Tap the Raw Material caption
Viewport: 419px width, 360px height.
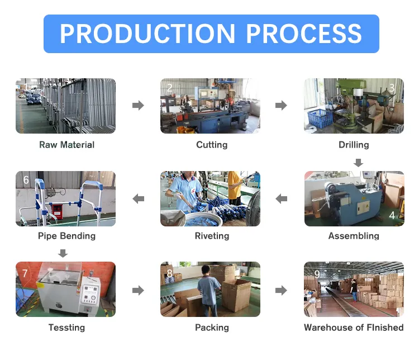pyautogui.click(x=66, y=145)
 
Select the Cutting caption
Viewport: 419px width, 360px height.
pyautogui.click(x=212, y=145)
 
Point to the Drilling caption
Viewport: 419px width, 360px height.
pyautogui.click(x=354, y=145)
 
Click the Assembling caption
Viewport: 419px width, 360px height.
pyautogui.click(x=354, y=236)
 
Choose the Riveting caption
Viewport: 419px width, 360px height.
pyautogui.click(x=212, y=236)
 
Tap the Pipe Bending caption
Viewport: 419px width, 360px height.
pyautogui.click(x=66, y=236)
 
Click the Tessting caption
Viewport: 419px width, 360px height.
pyautogui.click(x=66, y=328)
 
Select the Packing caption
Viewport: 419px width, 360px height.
pyautogui.click(x=212, y=328)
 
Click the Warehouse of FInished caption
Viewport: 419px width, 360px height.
pyautogui.click(x=354, y=328)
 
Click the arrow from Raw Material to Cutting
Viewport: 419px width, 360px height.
pyautogui.click(x=138, y=105)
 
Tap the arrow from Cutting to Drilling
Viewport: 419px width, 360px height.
pyautogui.click(x=281, y=105)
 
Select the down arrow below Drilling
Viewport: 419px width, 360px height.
pyautogui.click(x=359, y=163)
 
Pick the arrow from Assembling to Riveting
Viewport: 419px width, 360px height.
pyautogui.click(x=282, y=198)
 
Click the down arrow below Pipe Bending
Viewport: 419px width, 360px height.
pyautogui.click(x=63, y=254)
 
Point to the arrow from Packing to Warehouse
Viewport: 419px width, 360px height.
pyautogui.click(x=281, y=290)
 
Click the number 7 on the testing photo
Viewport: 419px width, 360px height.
pyautogui.click(x=25, y=273)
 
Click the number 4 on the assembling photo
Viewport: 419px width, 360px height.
pyautogui.click(x=392, y=215)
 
